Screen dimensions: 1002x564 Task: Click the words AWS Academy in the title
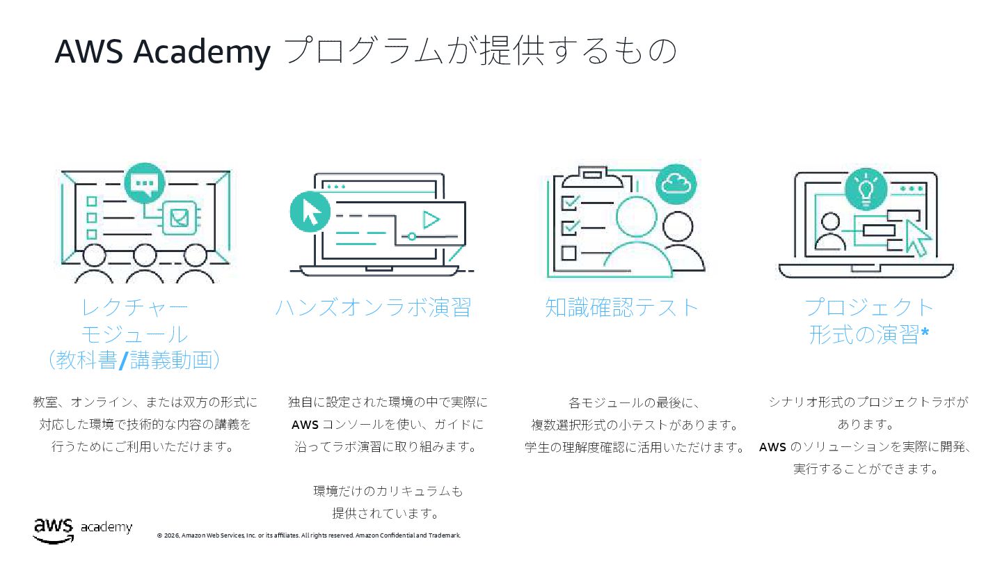(x=162, y=52)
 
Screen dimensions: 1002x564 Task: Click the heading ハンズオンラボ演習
(x=373, y=307)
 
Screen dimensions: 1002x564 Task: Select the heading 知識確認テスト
(x=621, y=307)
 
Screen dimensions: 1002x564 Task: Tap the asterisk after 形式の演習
(x=925, y=334)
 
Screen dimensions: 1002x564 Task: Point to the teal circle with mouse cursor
(x=310, y=212)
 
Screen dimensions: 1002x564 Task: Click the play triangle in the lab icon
(x=431, y=220)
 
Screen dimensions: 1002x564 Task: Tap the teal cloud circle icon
(x=676, y=184)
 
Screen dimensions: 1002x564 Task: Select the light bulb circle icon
(x=866, y=189)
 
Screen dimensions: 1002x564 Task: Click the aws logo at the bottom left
(x=53, y=530)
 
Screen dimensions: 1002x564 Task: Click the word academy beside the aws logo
(x=106, y=527)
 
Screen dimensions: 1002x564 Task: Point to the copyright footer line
(x=309, y=535)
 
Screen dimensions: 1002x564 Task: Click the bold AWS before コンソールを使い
(x=305, y=424)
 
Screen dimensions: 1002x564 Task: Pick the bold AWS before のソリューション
(x=772, y=447)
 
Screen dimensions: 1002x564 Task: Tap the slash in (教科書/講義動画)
(x=123, y=361)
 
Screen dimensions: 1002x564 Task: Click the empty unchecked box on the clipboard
(x=568, y=252)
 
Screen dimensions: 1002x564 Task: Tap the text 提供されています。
(x=387, y=513)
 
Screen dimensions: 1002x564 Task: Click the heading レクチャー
(x=134, y=307)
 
